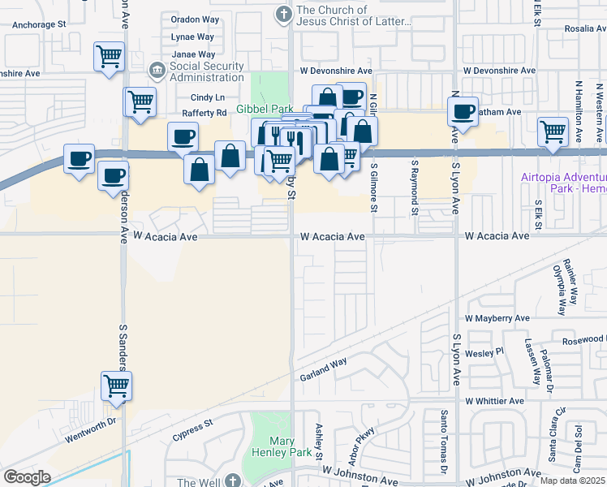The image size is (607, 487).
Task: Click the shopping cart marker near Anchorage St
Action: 108,57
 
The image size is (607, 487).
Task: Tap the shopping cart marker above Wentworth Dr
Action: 116,385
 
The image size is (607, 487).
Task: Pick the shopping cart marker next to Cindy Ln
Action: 140,102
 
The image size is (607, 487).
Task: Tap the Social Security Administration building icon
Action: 157,71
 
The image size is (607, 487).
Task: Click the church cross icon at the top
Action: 283,14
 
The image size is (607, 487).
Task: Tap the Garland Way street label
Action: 323,368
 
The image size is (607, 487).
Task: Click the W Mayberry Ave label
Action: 497,318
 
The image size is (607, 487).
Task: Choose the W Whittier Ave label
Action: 494,401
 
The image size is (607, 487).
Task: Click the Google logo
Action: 27,477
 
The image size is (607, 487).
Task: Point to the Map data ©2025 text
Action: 572,481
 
